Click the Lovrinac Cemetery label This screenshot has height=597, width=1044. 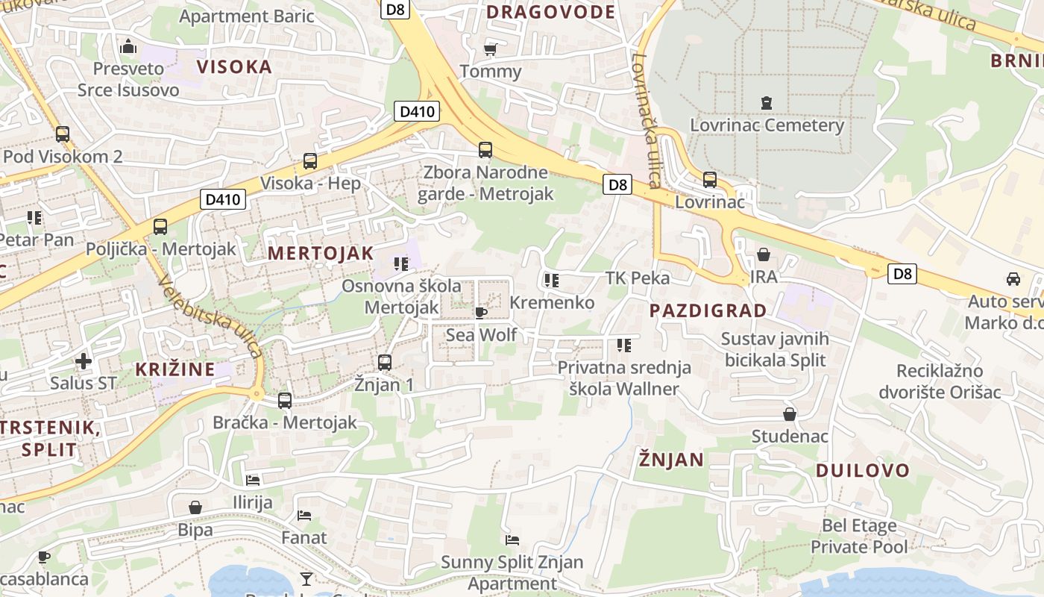pos(767,125)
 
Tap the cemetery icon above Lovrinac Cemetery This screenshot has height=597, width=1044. pos(766,102)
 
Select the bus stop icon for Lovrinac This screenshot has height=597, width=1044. pos(709,180)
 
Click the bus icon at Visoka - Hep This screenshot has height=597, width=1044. pos(309,160)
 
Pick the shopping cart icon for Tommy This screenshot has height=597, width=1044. pos(490,49)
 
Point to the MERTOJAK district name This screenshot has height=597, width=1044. pos(321,253)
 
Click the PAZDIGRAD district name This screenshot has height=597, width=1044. pos(708,310)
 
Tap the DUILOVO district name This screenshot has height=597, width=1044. pos(863,470)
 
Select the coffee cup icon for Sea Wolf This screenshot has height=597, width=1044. pos(481,313)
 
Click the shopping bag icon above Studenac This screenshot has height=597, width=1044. pos(789,414)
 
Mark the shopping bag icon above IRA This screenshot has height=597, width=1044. pos(763,254)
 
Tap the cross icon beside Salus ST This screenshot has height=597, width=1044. pos(83,362)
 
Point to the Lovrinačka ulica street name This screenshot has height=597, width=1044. pos(646,119)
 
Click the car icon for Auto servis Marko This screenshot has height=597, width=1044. pos(1013,279)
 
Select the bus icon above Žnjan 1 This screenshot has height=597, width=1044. pos(384,363)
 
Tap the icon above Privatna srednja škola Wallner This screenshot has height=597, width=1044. pos(624,346)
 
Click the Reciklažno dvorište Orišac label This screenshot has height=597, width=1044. pos(940,381)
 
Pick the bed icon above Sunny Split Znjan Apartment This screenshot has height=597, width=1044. pos(512,540)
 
